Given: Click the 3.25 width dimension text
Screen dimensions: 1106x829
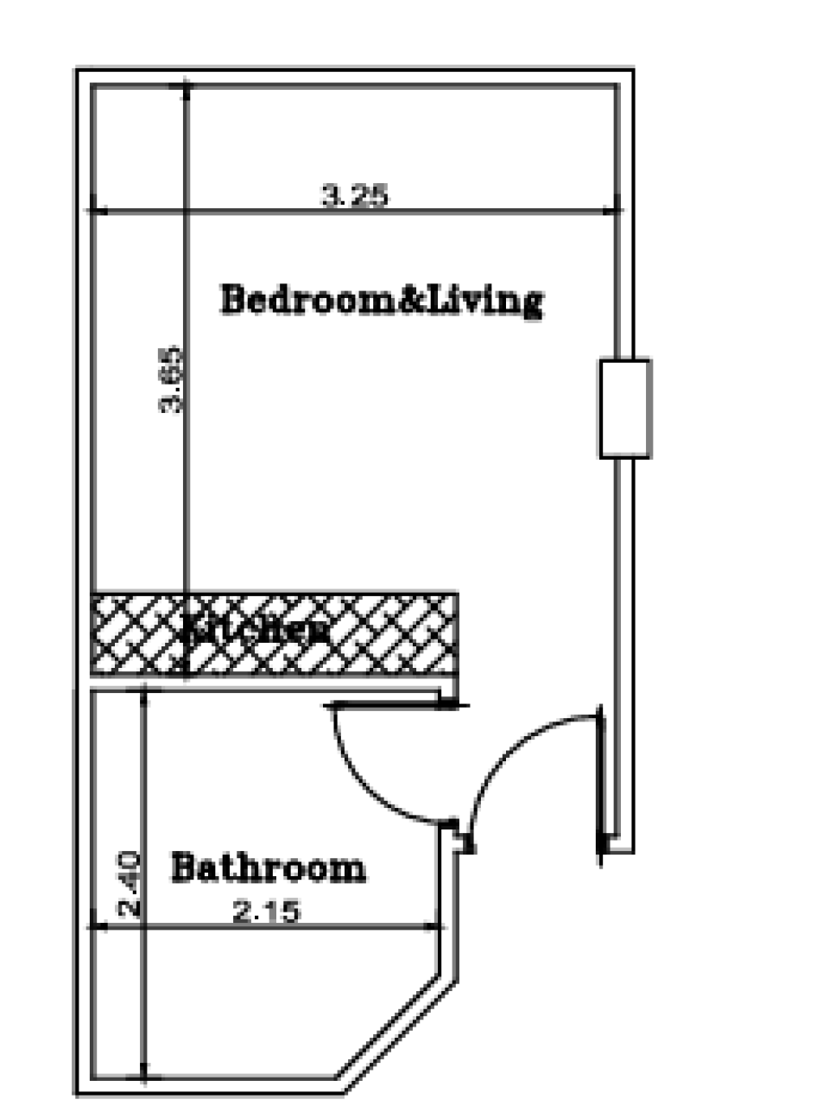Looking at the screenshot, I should point(355,195).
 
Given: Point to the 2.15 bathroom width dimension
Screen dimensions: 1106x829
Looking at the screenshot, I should point(267,911).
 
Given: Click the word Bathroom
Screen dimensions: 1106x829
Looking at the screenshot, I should point(268,867).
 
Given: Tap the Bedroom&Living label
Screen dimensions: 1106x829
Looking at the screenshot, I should point(382,300).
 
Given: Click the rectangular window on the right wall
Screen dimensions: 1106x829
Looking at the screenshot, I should point(624,408).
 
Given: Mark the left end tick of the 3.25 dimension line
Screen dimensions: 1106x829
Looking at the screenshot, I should point(92,210).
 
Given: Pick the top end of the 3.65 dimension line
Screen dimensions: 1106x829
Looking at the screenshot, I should point(186,86).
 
